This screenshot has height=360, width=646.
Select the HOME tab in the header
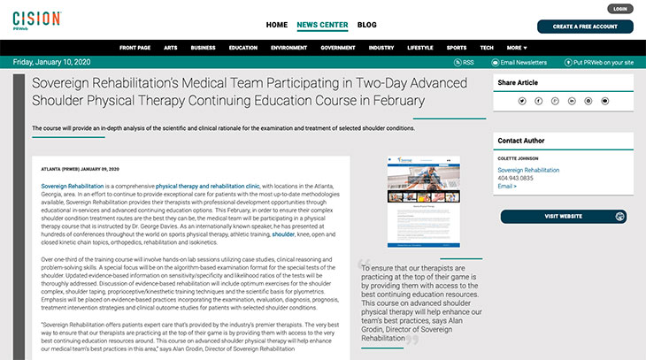point(276,26)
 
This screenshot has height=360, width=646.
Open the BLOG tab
point(366,26)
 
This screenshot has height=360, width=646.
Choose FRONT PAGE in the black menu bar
point(135,47)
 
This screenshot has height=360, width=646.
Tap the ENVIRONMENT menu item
point(288,47)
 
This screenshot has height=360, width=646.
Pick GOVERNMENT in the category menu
point(337,47)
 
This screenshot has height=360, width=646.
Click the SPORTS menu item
point(456,47)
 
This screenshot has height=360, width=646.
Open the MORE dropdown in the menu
point(516,47)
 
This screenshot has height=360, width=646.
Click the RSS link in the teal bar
point(465,63)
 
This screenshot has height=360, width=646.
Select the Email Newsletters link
point(523,63)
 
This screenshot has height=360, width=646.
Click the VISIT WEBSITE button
point(564,217)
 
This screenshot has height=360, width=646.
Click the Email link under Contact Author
point(507,187)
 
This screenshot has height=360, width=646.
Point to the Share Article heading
point(518,82)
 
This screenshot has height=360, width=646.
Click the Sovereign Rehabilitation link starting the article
point(73,188)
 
